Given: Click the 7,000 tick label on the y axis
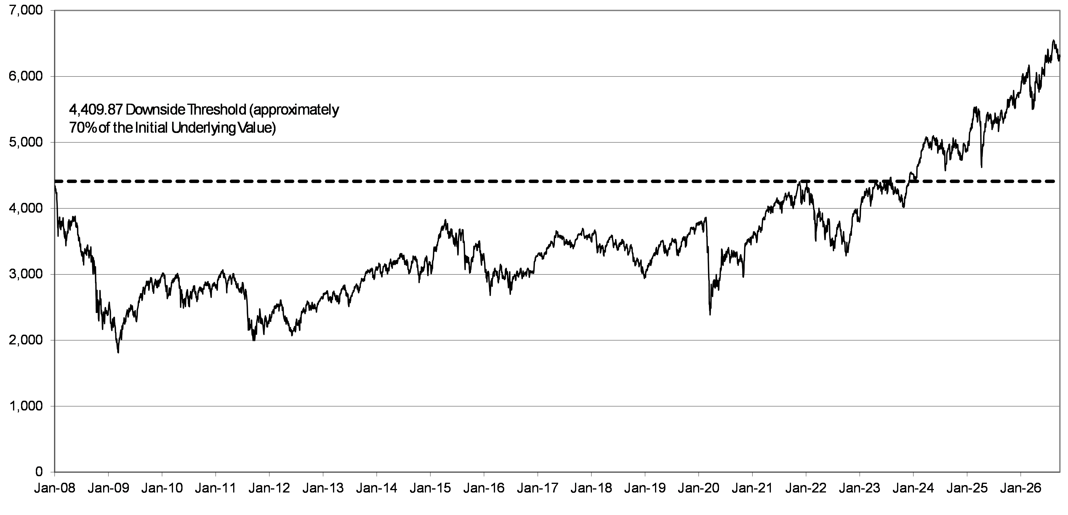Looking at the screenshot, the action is (x=26, y=10).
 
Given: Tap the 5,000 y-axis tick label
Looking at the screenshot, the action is (x=26, y=142).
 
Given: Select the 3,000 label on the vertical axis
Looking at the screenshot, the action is (x=26, y=274).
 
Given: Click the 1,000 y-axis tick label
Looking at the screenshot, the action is (x=26, y=406).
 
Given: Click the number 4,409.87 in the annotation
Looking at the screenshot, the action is (x=95, y=110).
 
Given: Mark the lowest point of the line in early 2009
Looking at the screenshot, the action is (x=119, y=353).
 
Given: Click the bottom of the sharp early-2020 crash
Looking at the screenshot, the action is (x=710, y=315).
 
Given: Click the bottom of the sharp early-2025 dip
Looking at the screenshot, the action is (x=981, y=167).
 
